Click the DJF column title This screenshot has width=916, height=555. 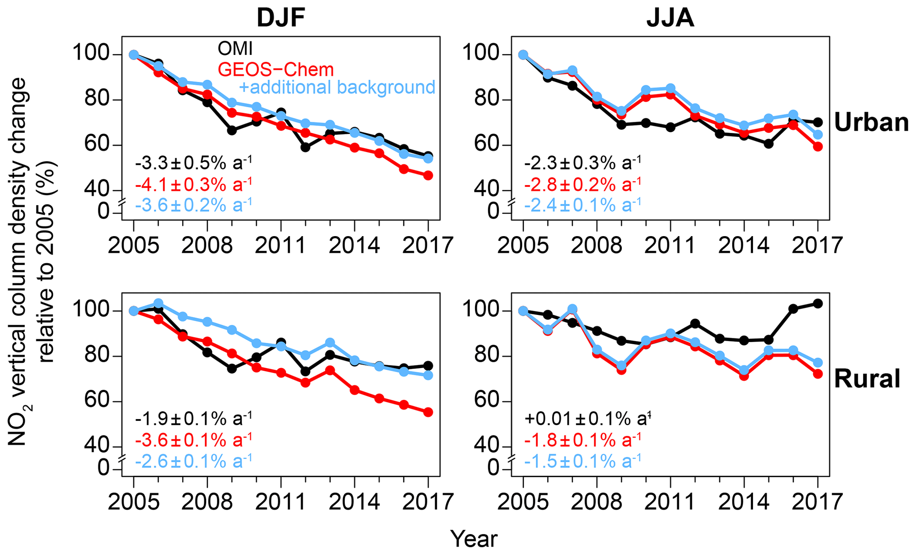click(281, 19)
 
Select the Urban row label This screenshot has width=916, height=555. click(871, 122)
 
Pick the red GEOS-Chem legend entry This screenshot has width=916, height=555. click(275, 69)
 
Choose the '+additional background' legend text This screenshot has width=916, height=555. click(337, 87)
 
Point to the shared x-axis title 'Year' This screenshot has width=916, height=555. click(474, 539)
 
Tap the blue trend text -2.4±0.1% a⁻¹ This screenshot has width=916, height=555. click(582, 205)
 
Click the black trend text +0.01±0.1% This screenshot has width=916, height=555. click(587, 418)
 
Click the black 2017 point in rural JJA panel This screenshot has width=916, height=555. click(818, 303)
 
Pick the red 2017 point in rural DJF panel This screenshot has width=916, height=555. click(428, 412)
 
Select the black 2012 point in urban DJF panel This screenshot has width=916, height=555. click(305, 147)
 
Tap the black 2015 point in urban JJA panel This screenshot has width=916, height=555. click(769, 144)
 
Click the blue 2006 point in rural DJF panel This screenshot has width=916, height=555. click(158, 303)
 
